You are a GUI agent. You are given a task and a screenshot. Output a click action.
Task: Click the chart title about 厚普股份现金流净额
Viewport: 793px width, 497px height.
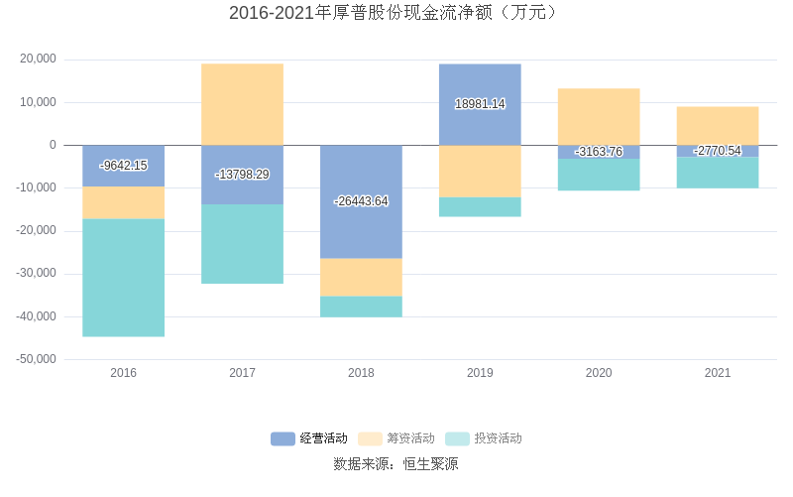coord(396,13)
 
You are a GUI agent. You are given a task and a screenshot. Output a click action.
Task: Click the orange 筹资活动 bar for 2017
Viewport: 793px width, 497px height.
coord(242,104)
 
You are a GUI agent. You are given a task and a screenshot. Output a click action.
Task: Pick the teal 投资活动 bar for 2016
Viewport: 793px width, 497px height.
coord(123,278)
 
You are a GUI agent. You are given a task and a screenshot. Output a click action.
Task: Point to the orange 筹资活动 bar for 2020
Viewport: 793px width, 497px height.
coord(599,117)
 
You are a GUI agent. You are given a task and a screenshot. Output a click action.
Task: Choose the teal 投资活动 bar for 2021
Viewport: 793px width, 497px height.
coord(718,173)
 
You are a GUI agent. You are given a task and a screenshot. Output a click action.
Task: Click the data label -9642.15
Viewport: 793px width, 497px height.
coord(123,166)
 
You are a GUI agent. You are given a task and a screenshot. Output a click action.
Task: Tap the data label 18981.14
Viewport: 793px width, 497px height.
coord(480,104)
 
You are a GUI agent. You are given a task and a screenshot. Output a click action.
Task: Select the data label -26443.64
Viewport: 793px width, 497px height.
coord(361,201)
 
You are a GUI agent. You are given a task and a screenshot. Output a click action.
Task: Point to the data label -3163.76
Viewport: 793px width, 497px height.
coord(599,152)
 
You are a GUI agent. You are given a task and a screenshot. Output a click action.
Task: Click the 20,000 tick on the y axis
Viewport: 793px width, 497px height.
coord(39,60)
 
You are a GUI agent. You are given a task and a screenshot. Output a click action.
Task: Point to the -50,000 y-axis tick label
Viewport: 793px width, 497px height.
coord(37,359)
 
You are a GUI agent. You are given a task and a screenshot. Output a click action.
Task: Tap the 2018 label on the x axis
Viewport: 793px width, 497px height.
coord(361,373)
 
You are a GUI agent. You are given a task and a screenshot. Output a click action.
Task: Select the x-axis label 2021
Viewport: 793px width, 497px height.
coord(718,373)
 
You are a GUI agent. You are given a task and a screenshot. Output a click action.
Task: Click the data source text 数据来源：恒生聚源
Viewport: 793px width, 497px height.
coord(396,463)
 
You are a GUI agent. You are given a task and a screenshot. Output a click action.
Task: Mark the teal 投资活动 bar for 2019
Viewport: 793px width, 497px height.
coord(480,206)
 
